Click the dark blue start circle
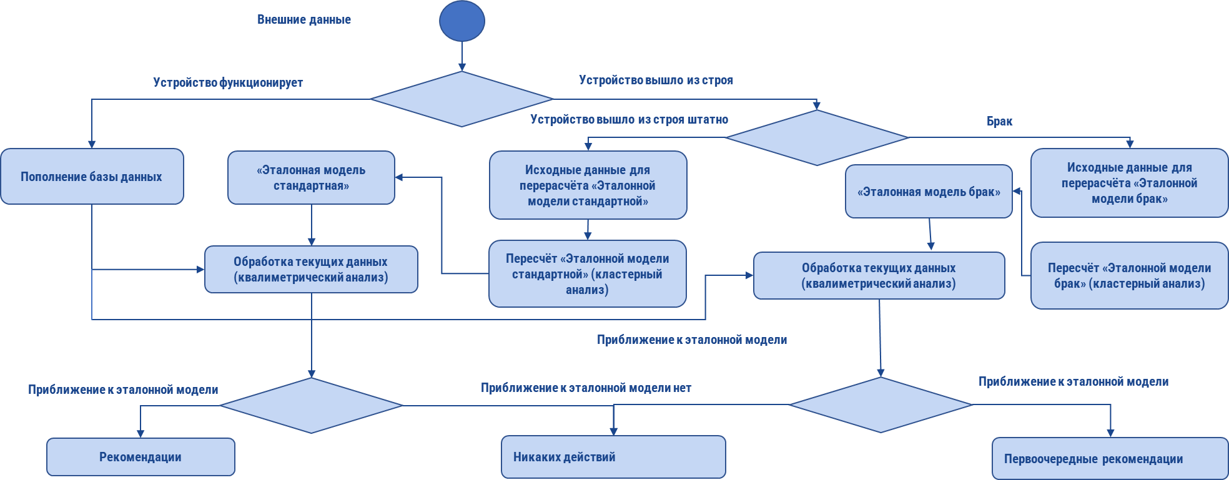[x=462, y=21]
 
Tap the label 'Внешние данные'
[x=304, y=19]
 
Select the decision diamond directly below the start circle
[x=461, y=99]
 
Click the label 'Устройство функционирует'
[x=228, y=82]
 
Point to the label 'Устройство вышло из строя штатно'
[x=629, y=119]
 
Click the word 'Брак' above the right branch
[x=999, y=121]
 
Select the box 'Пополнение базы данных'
[x=92, y=177]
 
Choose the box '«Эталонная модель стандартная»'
[x=311, y=178]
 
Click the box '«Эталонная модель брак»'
[x=929, y=192]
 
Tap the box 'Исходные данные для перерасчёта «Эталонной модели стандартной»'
[x=588, y=185]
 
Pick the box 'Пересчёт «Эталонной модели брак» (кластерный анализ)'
[x=1129, y=275]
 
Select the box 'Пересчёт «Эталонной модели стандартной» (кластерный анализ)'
[x=587, y=274]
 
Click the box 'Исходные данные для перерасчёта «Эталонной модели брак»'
[x=1129, y=183]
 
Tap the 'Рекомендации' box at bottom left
[x=141, y=457]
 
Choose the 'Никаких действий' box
[x=613, y=457]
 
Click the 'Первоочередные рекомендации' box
[x=1110, y=459]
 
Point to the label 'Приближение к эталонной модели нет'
[x=586, y=388]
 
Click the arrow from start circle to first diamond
[x=462, y=56]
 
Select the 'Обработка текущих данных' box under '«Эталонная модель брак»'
[x=879, y=275]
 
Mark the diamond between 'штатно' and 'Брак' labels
[x=817, y=138]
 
